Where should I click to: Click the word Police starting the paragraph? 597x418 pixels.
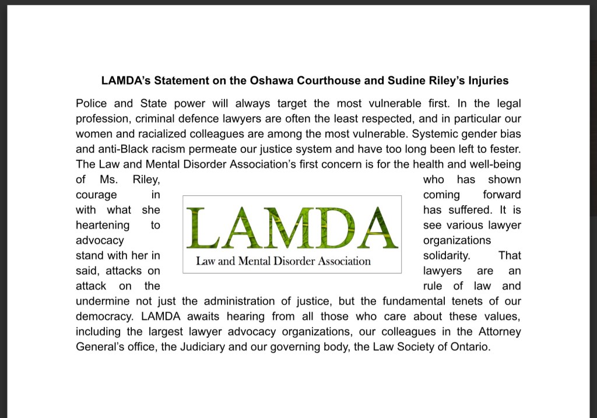click(90, 104)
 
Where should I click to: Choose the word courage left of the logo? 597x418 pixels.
click(96, 195)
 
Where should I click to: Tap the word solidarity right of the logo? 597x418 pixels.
click(446, 255)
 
